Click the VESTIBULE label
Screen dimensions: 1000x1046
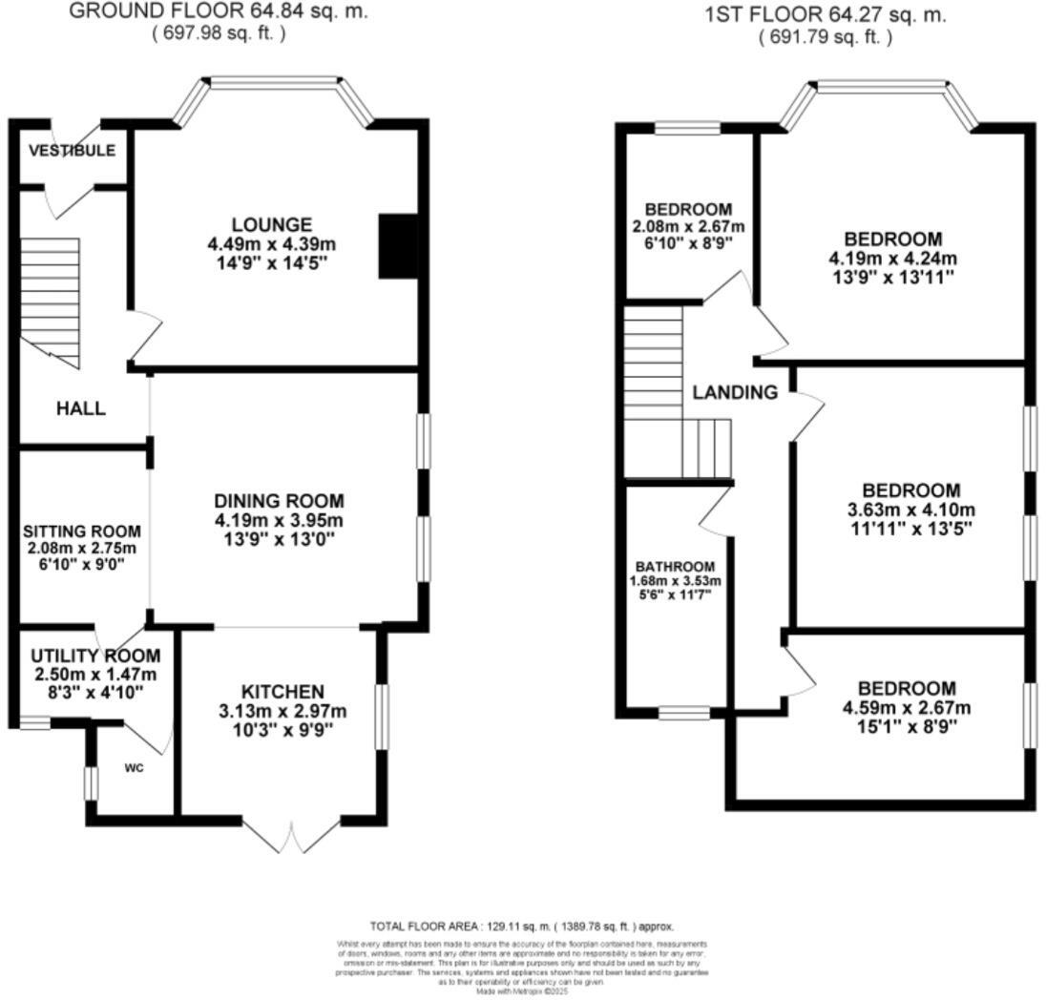pyautogui.click(x=72, y=151)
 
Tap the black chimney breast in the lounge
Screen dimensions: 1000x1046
pyautogui.click(x=397, y=246)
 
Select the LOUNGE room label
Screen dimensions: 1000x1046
pyautogui.click(x=273, y=225)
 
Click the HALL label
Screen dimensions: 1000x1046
pyautogui.click(x=80, y=408)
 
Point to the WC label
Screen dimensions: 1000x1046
pyautogui.click(x=134, y=768)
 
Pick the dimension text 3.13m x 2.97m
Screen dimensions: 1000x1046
pyautogui.click(x=282, y=711)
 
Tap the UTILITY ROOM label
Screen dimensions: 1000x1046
pyautogui.click(x=95, y=656)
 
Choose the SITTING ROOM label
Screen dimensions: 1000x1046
pyautogui.click(x=82, y=531)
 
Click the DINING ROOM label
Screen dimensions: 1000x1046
pyautogui.click(x=278, y=501)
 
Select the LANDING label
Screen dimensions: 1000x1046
pyautogui.click(x=735, y=392)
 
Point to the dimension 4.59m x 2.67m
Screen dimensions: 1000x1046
pyautogui.click(x=906, y=707)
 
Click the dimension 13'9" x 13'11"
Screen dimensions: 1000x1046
pyautogui.click(x=892, y=277)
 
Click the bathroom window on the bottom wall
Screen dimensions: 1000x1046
pyautogui.click(x=684, y=713)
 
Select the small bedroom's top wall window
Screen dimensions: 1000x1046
pyautogui.click(x=687, y=127)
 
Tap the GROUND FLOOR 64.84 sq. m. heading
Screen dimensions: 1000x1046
pyautogui.click(x=219, y=12)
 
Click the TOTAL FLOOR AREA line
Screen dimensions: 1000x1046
pyautogui.click(x=522, y=926)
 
